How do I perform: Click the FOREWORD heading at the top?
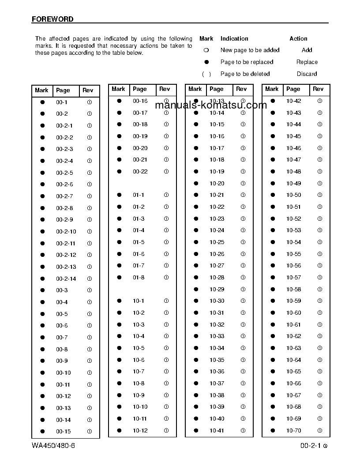52,19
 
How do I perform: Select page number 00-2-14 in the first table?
66,278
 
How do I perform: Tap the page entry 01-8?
139,277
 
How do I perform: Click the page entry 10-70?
293,430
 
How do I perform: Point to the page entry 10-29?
217,289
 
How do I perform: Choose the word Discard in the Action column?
307,74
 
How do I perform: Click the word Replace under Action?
307,62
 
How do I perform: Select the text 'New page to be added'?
250,50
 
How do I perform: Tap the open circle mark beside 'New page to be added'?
206,50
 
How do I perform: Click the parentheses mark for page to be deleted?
206,74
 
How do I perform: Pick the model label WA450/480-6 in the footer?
53,445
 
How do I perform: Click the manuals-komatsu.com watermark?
211,105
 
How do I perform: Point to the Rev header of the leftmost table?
88,90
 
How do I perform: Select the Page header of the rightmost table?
293,89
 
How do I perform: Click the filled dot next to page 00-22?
119,171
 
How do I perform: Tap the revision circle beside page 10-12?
166,430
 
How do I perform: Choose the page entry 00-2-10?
66,231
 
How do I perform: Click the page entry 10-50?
293,195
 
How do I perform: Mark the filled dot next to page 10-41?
196,430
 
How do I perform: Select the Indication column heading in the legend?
234,39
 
